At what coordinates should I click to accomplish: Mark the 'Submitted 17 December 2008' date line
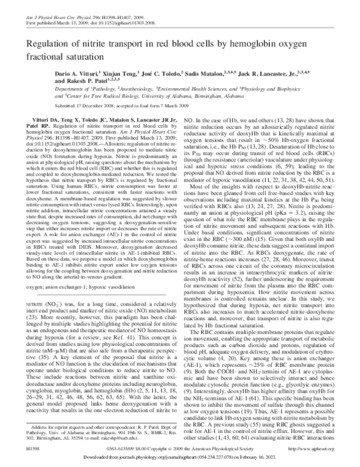point(144,120)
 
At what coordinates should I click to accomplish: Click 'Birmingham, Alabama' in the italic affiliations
point(236,111)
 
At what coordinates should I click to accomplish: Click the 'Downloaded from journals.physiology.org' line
point(179,458)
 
